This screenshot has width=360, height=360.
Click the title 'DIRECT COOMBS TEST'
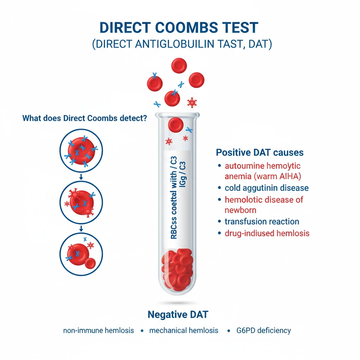point(179,28)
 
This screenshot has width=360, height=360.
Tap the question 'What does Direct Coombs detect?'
point(84,118)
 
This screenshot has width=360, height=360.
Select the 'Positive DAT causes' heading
point(260,153)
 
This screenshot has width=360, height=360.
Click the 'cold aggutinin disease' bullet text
point(266,188)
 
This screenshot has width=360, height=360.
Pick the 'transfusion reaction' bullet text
point(262,221)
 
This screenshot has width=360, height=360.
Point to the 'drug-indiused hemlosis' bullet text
point(267,233)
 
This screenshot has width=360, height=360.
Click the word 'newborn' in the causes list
point(240,210)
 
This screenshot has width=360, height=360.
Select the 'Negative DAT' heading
point(178,314)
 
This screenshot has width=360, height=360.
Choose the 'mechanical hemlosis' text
point(184,330)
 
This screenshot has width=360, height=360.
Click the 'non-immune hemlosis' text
point(98,330)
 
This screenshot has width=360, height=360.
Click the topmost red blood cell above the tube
point(179,66)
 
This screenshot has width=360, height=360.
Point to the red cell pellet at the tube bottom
point(177,267)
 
